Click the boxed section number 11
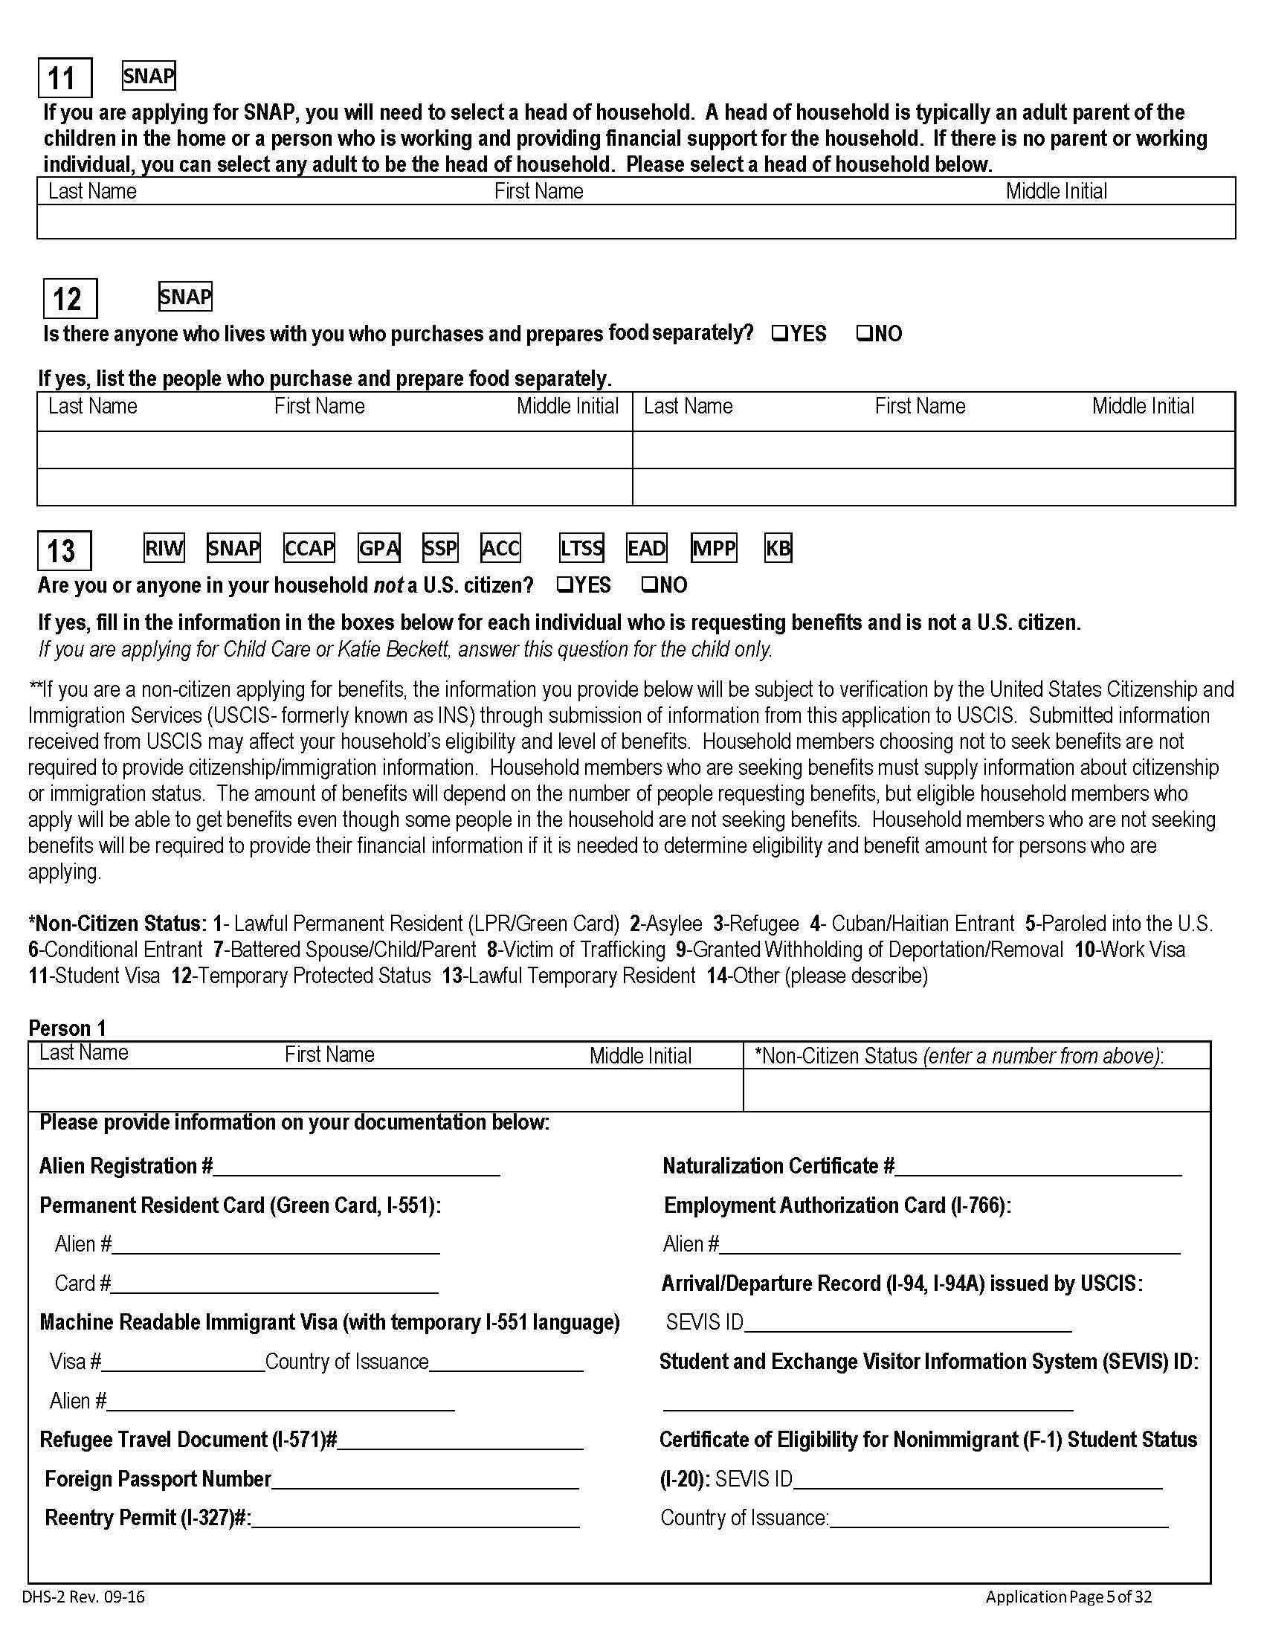[x=65, y=78]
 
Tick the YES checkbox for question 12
[x=778, y=332]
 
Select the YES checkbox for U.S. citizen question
[x=564, y=585]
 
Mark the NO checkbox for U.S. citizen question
[x=649, y=585]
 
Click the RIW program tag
[x=164, y=548]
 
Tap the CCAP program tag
[x=309, y=548]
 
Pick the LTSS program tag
[x=581, y=548]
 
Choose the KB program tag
[x=778, y=548]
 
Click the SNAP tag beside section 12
[x=185, y=297]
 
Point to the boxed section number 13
[x=64, y=551]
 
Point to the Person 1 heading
[x=68, y=1028]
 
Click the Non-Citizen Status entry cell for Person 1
[x=976, y=1090]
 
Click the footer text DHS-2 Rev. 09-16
[x=83, y=1597]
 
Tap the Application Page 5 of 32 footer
[x=1068, y=1597]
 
